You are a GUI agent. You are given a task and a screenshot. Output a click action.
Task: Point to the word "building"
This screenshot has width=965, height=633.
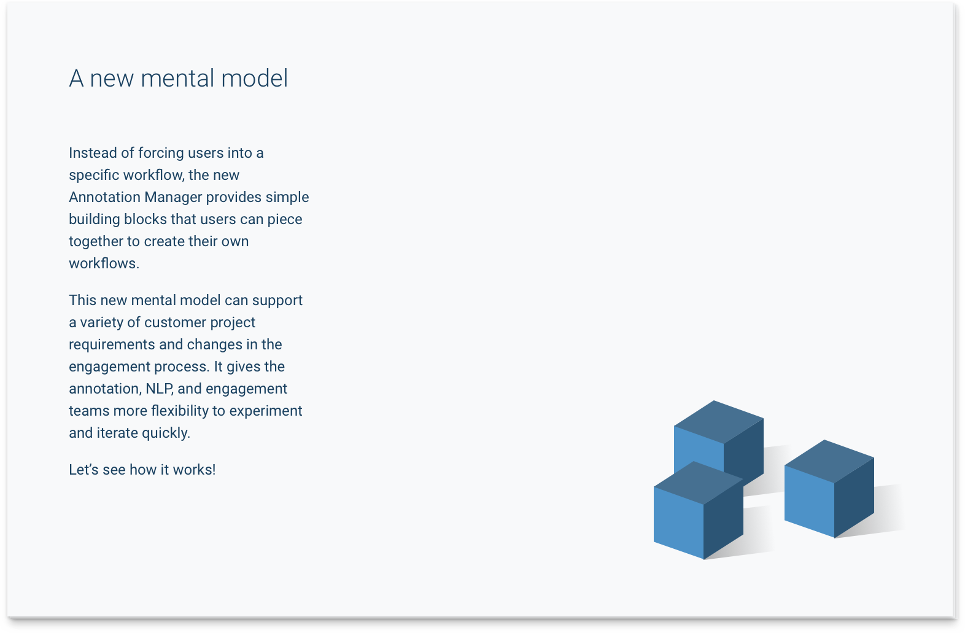coord(95,220)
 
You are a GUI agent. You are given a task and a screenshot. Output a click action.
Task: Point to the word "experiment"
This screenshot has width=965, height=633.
coord(266,411)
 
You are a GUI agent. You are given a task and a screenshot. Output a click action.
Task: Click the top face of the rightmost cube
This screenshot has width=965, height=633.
coord(829,462)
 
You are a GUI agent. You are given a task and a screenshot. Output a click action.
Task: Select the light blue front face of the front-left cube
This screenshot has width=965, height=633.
coord(678,522)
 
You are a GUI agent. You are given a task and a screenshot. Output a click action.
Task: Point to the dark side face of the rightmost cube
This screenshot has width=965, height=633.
coord(854,498)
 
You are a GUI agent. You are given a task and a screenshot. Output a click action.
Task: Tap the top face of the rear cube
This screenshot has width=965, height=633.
coord(719,422)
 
